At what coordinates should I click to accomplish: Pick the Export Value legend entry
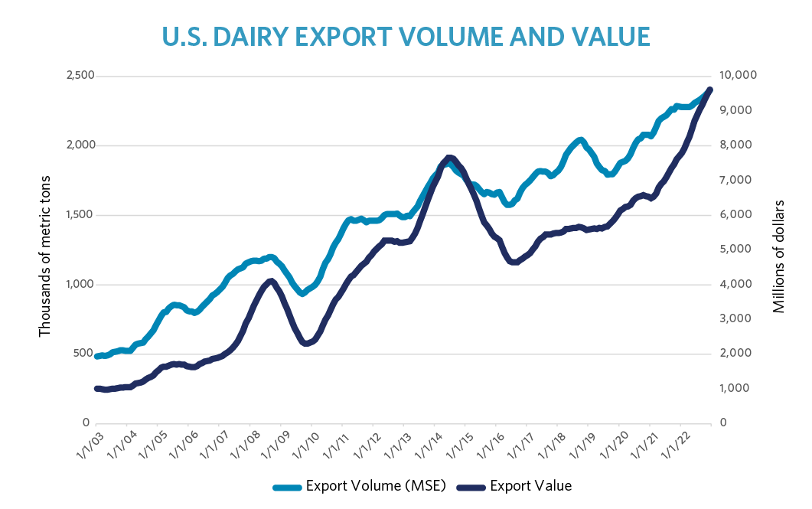tap(530, 486)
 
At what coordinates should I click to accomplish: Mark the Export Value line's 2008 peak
tap(271, 281)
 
